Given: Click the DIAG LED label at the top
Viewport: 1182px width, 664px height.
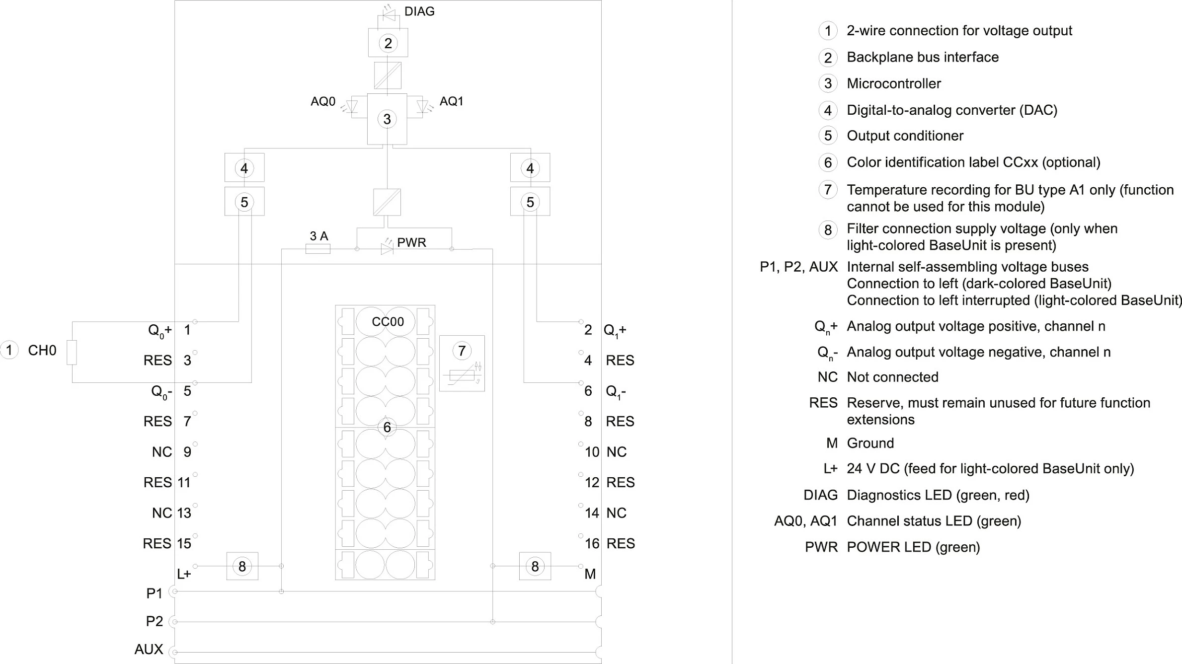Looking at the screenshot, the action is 419,11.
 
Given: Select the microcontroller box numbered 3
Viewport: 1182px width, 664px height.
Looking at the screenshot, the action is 387,119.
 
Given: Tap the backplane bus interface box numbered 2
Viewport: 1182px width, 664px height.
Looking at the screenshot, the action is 388,43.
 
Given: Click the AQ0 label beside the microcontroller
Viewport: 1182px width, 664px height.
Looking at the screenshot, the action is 323,101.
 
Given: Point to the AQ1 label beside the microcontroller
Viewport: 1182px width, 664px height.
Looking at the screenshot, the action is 452,101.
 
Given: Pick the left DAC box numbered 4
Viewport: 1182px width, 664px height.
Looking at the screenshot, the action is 244,168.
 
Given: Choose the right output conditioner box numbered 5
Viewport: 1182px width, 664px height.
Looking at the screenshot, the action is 530,202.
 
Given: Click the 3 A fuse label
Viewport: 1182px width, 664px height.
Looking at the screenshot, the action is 319,236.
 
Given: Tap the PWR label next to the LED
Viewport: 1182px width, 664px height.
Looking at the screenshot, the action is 411,242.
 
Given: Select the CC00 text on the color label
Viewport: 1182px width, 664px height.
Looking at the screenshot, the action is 388,322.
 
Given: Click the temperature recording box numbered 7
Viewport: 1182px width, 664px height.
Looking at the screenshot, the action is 462,364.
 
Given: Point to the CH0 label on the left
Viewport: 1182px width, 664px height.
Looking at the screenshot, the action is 42,351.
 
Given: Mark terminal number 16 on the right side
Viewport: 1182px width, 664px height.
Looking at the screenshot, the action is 592,544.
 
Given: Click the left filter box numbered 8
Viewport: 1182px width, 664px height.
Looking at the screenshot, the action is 242,566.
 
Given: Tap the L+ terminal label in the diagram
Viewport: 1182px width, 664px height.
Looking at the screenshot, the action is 184,574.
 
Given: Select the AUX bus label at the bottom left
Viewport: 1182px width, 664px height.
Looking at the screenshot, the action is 149,650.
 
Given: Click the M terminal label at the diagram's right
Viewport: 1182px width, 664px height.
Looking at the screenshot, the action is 590,574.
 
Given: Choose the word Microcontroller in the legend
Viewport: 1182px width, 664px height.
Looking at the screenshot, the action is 894,83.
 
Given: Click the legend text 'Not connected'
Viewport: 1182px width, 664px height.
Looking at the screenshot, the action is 893,377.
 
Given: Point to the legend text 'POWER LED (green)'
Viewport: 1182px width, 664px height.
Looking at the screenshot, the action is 913,547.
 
